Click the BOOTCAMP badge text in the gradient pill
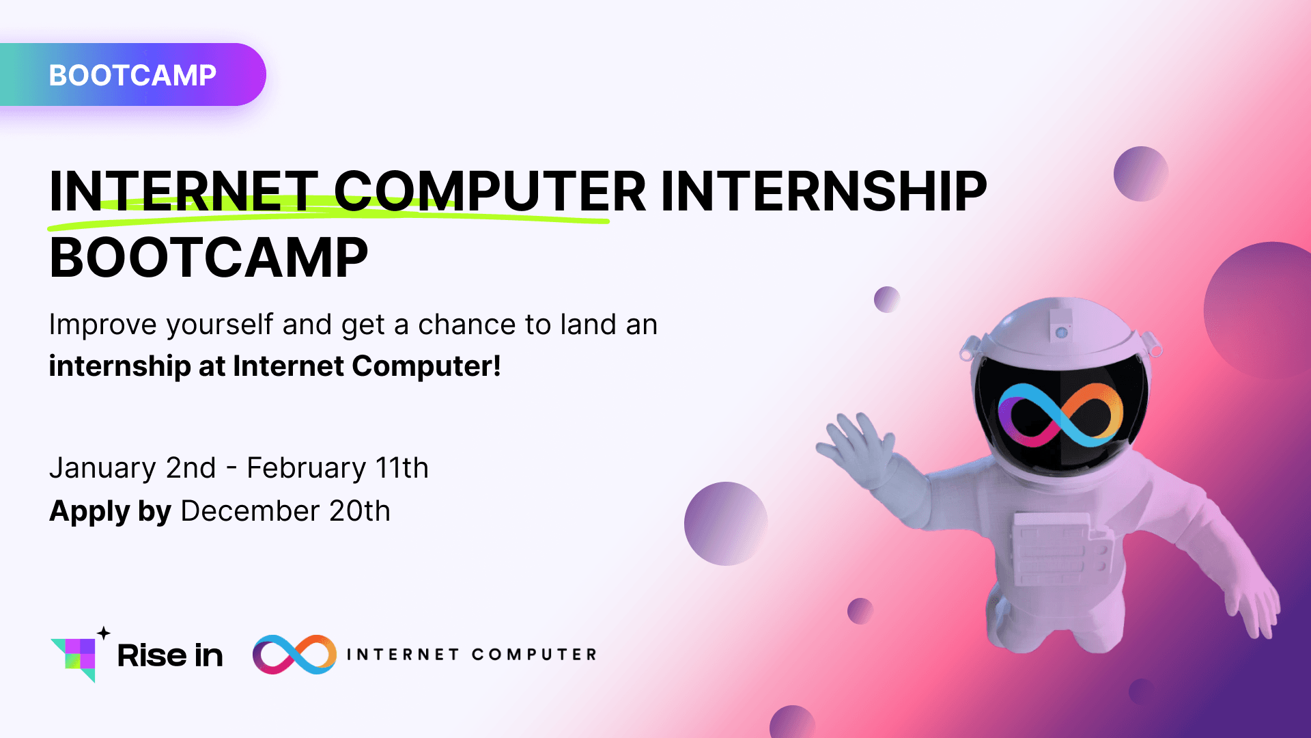pyautogui.click(x=132, y=75)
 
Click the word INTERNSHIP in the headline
pyautogui.click(x=823, y=191)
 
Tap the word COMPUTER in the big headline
pyautogui.click(x=489, y=191)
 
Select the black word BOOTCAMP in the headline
pyautogui.click(x=208, y=258)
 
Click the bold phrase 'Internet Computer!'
pyautogui.click(x=367, y=366)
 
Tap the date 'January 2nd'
pyautogui.click(x=132, y=468)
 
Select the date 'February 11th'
pyautogui.click(x=337, y=468)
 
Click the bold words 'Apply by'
pyautogui.click(x=110, y=511)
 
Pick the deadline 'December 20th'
pyautogui.click(x=285, y=511)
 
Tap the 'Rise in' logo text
pyautogui.click(x=170, y=656)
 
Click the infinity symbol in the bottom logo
pyautogui.click(x=294, y=655)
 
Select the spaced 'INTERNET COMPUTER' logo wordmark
pyautogui.click(x=471, y=655)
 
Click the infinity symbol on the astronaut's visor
pyautogui.click(x=1060, y=415)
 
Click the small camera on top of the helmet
pyautogui.click(x=1061, y=326)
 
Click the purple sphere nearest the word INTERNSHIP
pyautogui.click(x=1140, y=174)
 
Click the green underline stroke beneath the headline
pyautogui.click(x=328, y=217)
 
